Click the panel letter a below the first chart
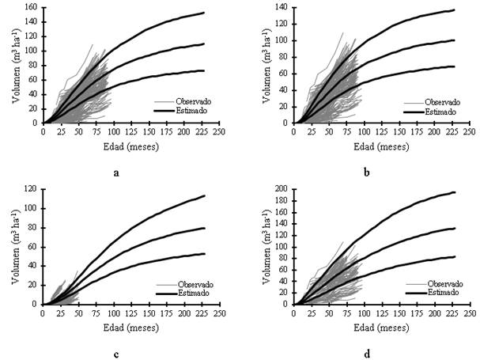click(x=116, y=169)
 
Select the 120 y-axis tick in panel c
click(x=30, y=190)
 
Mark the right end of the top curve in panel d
click(x=455, y=192)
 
